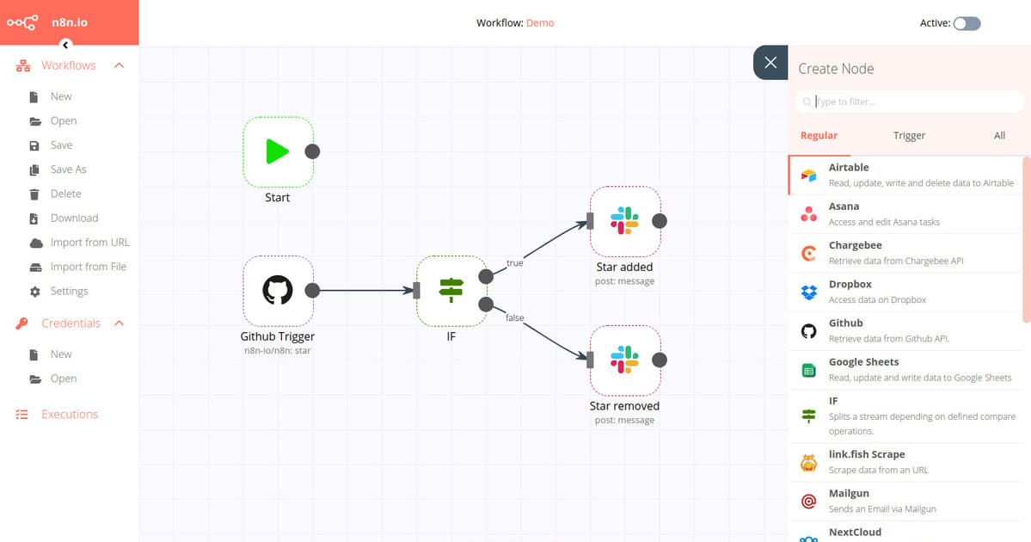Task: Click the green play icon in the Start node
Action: [277, 151]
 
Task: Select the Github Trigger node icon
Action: [277, 290]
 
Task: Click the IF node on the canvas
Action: [451, 290]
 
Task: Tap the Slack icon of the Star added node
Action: [624, 220]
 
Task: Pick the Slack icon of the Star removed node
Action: [624, 360]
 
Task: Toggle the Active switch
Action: [967, 23]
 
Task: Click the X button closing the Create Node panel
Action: [770, 63]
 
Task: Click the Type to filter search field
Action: [911, 102]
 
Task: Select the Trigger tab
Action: [909, 135]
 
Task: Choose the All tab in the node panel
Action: [999, 135]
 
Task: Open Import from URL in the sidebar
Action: [89, 243]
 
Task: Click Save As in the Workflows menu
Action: [68, 169]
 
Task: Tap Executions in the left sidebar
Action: [70, 414]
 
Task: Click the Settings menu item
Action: [69, 291]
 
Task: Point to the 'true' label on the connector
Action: [514, 263]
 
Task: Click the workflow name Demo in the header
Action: [540, 23]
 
